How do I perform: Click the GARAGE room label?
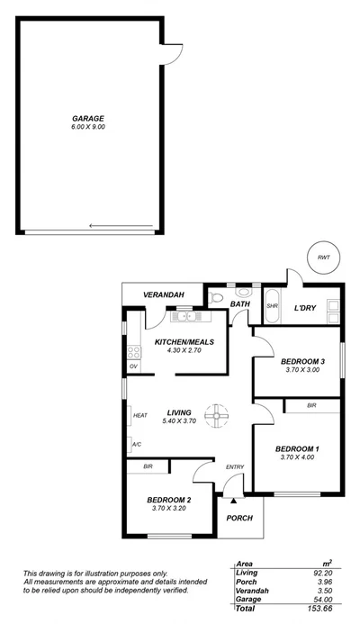click(x=88, y=118)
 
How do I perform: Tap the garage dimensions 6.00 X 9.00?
click(x=88, y=127)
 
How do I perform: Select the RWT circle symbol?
click(x=322, y=258)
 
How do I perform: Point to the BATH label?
click(x=240, y=305)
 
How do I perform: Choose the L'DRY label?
click(x=307, y=308)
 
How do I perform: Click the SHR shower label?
click(x=272, y=307)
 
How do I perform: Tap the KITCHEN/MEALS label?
click(x=183, y=342)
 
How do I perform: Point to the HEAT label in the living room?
click(x=139, y=416)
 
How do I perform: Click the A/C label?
click(x=137, y=445)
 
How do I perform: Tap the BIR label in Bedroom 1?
click(x=311, y=406)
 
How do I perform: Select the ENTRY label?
click(x=235, y=466)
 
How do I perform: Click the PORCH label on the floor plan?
click(x=238, y=518)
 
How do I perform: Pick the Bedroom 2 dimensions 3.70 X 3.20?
click(x=169, y=509)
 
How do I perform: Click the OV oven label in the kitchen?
click(x=133, y=366)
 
